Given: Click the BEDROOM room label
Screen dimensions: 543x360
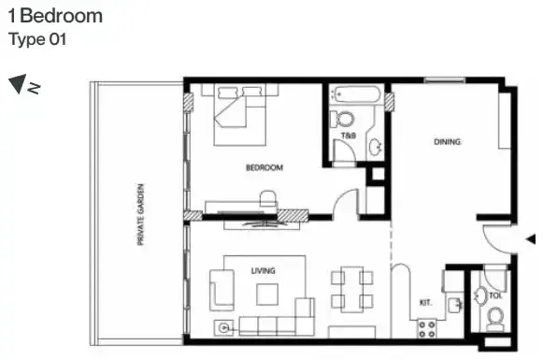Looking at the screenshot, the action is tap(264, 167).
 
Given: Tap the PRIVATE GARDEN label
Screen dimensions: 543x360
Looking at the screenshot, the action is tap(140, 214).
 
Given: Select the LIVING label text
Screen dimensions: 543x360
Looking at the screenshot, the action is tap(264, 270).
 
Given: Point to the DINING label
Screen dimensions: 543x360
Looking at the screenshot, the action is tap(447, 142).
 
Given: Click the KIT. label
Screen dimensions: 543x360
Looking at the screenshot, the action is tap(425, 302).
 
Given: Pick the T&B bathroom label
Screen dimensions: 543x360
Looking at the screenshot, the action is tap(349, 136).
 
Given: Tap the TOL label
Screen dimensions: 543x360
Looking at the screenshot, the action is tap(495, 295).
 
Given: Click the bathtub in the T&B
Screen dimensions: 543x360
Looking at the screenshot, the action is tap(356, 94).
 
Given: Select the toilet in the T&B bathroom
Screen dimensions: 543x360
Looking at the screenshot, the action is tap(342, 119).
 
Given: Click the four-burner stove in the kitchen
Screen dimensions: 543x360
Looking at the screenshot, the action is tap(426, 329).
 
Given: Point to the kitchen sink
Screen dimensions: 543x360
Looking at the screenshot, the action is tap(454, 306).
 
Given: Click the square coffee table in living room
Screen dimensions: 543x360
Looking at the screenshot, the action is tap(267, 295).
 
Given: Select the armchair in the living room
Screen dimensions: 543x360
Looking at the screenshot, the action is tap(221, 291).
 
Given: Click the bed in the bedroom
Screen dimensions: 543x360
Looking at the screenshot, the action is tap(240, 114).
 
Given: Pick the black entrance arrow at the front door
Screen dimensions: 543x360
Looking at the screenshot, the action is tap(531, 238).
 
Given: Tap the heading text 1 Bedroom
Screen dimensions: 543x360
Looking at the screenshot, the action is tap(55, 16).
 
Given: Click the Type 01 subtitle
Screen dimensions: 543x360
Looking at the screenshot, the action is tap(37, 39).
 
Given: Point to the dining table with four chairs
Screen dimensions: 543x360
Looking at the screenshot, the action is tap(351, 290).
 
